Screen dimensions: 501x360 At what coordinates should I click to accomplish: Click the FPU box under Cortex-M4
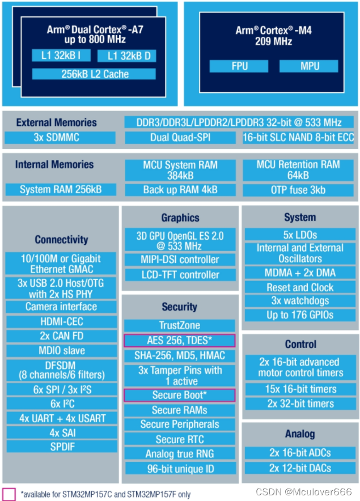pyautogui.click(x=239, y=66)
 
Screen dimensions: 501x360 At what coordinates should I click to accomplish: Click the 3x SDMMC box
pyautogui.click(x=60, y=138)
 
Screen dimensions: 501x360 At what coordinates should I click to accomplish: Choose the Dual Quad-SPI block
pyautogui.click(x=180, y=138)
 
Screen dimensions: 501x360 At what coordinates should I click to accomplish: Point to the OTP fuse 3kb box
pyautogui.click(x=298, y=190)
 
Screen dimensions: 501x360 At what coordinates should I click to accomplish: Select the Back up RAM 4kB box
pyautogui.click(x=180, y=190)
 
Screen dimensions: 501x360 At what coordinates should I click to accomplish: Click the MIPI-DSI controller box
pyautogui.click(x=180, y=260)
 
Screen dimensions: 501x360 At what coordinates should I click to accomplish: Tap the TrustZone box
pyautogui.click(x=180, y=326)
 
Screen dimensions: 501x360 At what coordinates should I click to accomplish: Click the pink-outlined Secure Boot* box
pyautogui.click(x=180, y=395)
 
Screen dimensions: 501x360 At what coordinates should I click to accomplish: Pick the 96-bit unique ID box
pyautogui.click(x=180, y=469)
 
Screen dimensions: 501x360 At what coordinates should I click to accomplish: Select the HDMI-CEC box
pyautogui.click(x=61, y=321)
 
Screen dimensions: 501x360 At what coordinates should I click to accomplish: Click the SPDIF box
pyautogui.click(x=61, y=446)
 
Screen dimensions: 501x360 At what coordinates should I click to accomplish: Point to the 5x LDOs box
pyautogui.click(x=300, y=235)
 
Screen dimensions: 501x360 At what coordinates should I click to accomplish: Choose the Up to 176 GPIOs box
pyautogui.click(x=300, y=315)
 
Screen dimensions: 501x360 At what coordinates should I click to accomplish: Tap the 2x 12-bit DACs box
pyautogui.click(x=300, y=468)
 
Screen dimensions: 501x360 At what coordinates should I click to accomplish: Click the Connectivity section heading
pyautogui.click(x=61, y=240)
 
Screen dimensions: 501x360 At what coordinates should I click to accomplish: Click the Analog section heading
pyautogui.click(x=300, y=434)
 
